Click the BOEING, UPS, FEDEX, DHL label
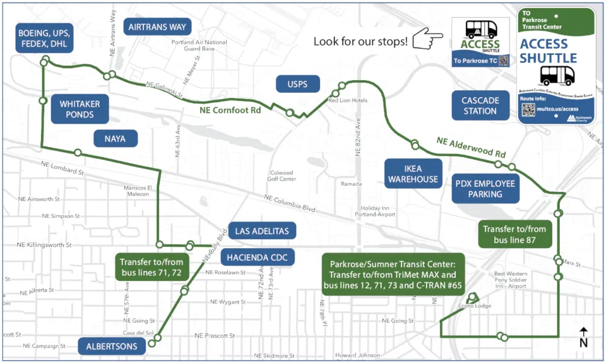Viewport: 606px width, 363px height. pos(43,39)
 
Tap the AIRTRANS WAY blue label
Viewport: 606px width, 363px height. pos(157,27)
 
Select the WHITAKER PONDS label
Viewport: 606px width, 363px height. pos(80,109)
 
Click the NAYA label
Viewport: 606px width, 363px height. pos(116,138)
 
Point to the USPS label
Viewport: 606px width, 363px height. pos(298,84)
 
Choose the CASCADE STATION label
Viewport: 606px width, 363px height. pos(480,105)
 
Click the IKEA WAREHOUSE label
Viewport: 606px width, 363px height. pos(413,174)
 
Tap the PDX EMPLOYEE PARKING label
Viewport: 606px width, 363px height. pos(485,189)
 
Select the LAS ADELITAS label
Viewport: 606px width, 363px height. pos(261,231)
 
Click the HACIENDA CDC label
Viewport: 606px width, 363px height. pos(257,256)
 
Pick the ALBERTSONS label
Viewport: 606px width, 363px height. pos(112,345)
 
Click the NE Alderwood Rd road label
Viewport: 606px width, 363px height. pos(470,146)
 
